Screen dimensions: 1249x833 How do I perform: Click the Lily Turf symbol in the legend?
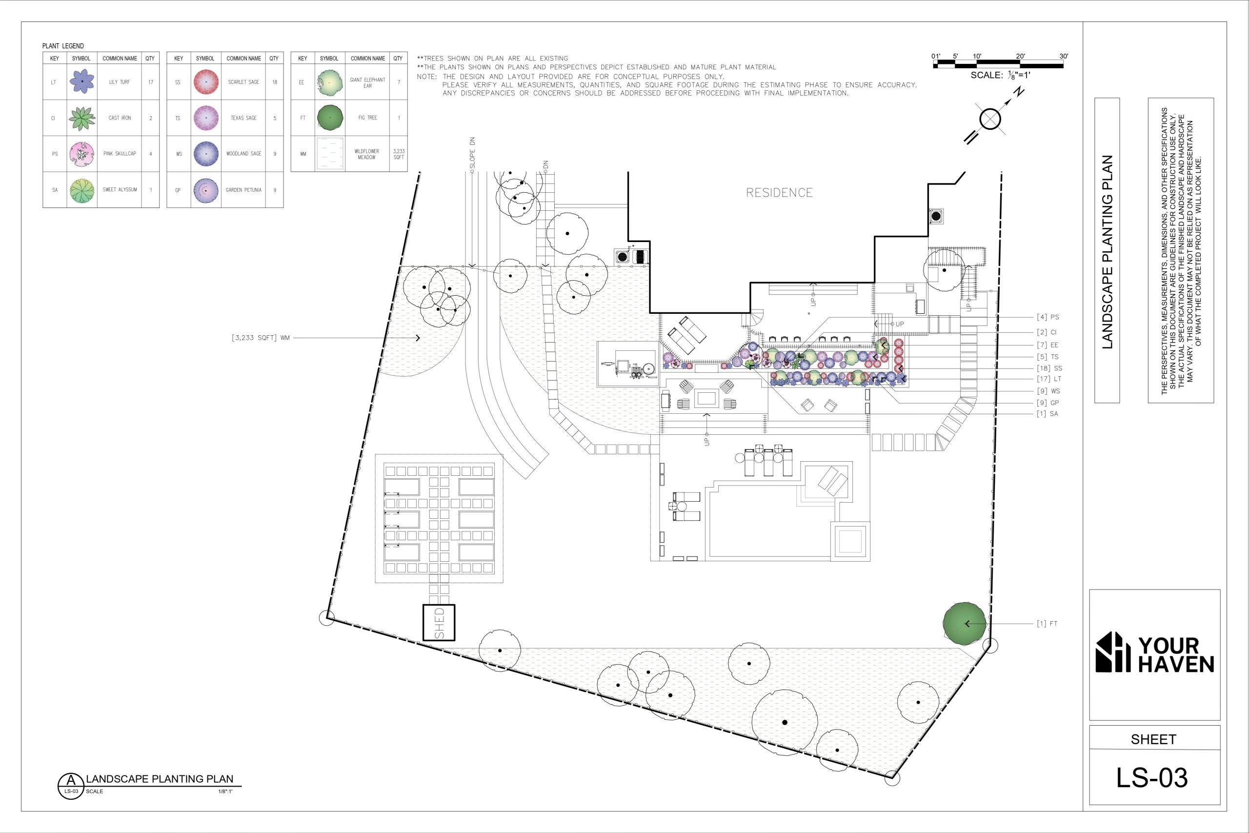82,82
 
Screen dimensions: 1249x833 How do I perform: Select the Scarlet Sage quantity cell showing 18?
274,82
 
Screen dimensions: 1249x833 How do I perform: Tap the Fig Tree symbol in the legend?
330,118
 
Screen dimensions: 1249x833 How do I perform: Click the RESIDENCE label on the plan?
779,192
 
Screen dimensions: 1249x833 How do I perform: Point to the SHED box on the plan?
439,622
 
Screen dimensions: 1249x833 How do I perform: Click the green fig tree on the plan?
965,623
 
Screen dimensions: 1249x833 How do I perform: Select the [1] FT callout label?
1047,623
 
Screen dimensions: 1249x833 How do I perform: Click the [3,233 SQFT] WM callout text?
261,337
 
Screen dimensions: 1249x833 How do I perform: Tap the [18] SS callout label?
1049,367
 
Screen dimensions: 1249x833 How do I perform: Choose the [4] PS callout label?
1048,317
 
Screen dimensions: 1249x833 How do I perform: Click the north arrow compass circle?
990,119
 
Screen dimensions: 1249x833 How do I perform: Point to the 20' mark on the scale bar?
1020,56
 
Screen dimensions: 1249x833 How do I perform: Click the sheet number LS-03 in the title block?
1151,777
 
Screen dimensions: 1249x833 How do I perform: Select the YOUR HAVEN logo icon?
1113,652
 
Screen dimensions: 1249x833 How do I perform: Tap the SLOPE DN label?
473,152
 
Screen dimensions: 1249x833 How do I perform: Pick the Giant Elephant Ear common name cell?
367,82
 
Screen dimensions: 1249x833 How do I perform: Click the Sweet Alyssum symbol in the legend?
82,190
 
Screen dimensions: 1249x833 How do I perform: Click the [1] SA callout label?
1047,413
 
